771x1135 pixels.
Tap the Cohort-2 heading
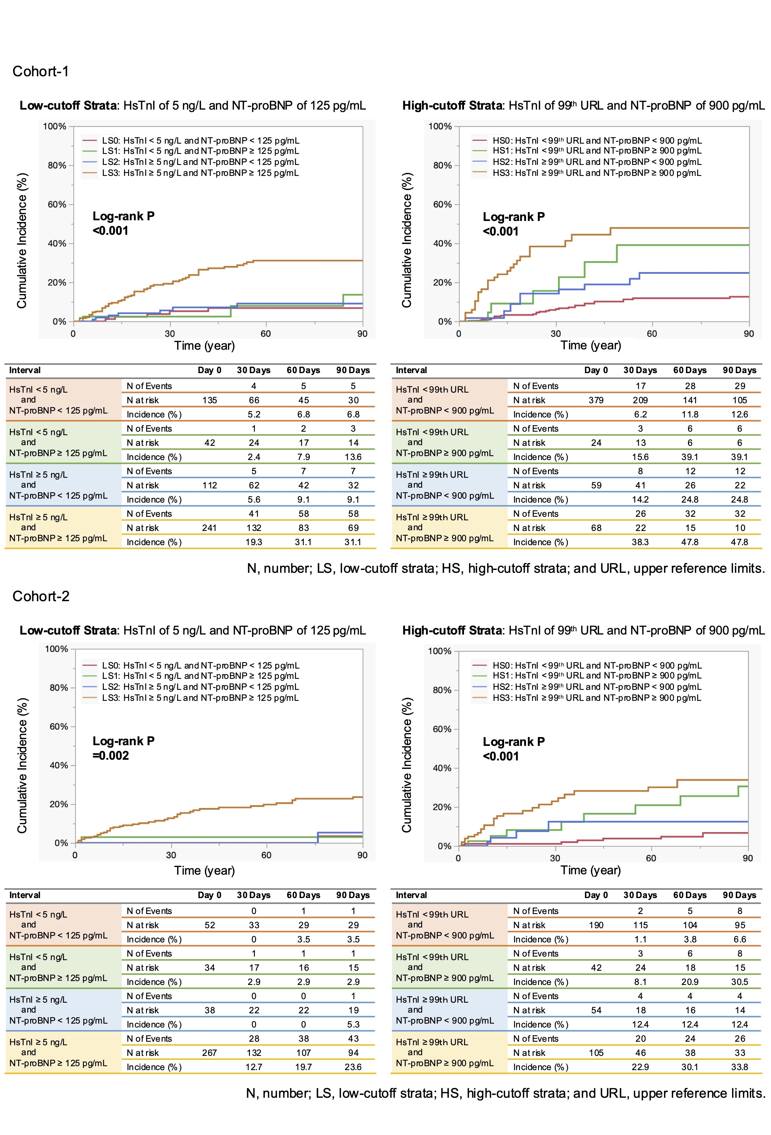41,596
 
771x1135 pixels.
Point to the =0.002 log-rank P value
111,755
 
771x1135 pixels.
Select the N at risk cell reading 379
596,400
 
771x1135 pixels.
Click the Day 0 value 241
209,527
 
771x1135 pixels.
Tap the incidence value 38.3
640,542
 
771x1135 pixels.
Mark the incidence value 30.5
739,982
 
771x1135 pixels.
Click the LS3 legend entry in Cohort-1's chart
200,173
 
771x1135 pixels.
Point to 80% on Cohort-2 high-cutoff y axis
442,690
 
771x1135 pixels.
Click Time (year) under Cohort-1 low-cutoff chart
205,346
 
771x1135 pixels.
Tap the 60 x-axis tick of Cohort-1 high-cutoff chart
652,333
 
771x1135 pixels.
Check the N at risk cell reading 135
209,400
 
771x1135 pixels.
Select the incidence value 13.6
353,456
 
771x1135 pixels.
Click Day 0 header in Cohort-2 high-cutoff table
596,895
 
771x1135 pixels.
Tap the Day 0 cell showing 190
596,925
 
